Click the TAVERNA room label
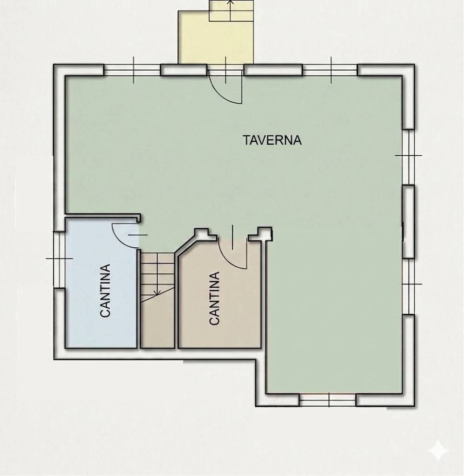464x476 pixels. pyautogui.click(x=272, y=139)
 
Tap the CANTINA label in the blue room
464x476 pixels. pyautogui.click(x=106, y=291)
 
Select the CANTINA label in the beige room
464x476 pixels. pyautogui.click(x=214, y=298)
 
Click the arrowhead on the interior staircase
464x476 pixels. pyautogui.click(x=157, y=293)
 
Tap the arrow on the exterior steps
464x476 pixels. pyautogui.click(x=231, y=3)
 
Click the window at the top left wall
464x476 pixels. pyautogui.click(x=133, y=70)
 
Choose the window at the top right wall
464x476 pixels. pyautogui.click(x=330, y=70)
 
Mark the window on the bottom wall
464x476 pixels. pyautogui.click(x=328, y=399)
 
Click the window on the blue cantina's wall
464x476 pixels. pyautogui.click(x=59, y=258)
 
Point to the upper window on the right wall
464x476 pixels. pyautogui.click(x=408, y=156)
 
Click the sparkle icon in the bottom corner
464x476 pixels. pyautogui.click(x=438, y=450)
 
